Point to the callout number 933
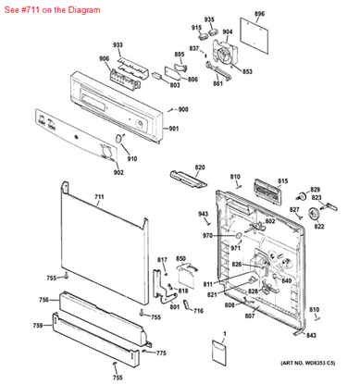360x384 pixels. coord(118,45)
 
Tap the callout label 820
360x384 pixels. coord(199,167)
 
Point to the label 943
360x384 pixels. coord(204,214)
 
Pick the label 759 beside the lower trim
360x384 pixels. coord(38,326)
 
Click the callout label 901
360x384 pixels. coord(171,128)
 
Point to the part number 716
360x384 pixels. coord(198,310)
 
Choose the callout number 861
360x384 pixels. coord(217,84)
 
